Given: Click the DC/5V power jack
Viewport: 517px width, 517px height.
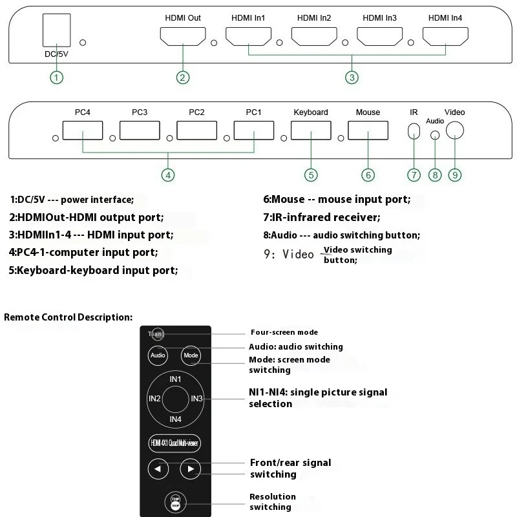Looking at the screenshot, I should (x=56, y=30).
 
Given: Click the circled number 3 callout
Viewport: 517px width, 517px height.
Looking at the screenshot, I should (x=352, y=78).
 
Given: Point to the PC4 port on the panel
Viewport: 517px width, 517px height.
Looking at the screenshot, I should (x=83, y=132).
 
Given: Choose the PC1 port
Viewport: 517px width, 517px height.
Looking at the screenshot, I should (x=253, y=132).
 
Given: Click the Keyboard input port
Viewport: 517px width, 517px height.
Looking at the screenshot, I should (x=311, y=132).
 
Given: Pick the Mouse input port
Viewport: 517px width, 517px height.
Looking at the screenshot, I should (x=368, y=132).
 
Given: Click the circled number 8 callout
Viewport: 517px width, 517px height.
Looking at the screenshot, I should (x=436, y=174).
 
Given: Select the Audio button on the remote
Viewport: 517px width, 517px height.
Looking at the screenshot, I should (x=158, y=355).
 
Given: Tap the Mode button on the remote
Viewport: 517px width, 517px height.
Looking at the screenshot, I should (x=191, y=355).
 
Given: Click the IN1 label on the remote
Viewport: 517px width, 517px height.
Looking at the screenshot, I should (x=175, y=379).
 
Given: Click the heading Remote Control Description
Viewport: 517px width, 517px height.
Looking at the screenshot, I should (x=68, y=317).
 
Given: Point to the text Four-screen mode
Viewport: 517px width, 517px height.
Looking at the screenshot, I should (x=284, y=333).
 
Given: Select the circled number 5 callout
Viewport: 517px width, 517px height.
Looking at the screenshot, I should (x=311, y=174).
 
